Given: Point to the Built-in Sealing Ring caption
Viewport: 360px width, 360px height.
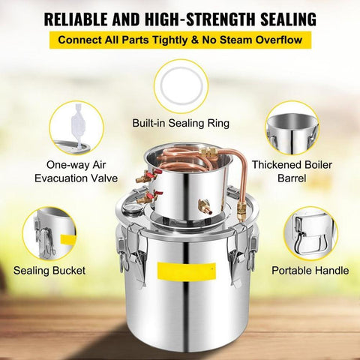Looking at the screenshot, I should click(x=180, y=121).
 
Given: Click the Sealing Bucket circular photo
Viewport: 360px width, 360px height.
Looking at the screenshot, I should click(x=50, y=233).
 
